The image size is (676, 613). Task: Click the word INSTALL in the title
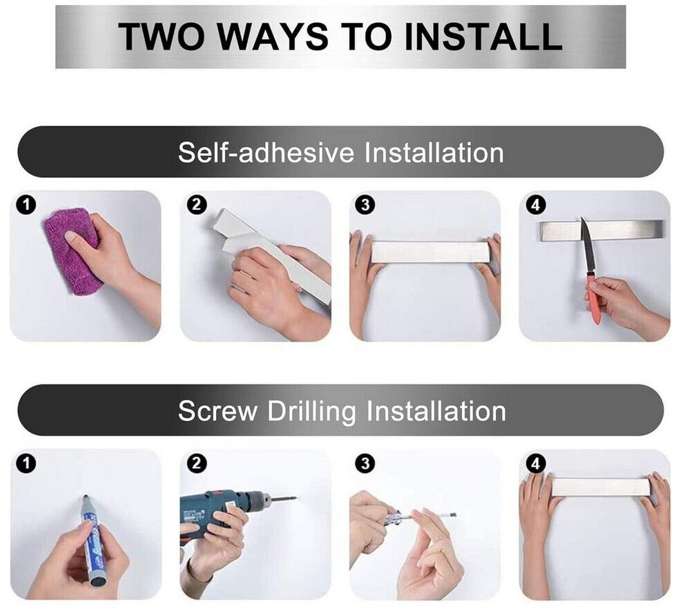click(x=483, y=37)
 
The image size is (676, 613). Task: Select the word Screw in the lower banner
click(x=218, y=411)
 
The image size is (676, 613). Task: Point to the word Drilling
click(x=311, y=411)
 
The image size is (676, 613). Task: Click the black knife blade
click(x=587, y=246)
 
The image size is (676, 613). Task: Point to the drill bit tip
click(x=295, y=499)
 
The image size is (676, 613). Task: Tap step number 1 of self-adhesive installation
click(x=26, y=204)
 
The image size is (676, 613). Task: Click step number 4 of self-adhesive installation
click(x=535, y=204)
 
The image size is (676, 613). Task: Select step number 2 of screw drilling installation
click(x=197, y=463)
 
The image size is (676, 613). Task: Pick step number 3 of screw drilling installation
click(x=365, y=463)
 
